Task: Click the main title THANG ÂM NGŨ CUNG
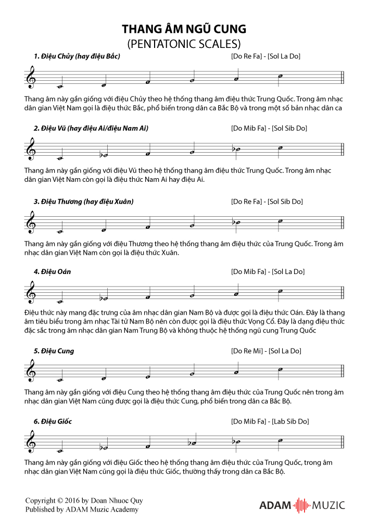(x=184, y=28)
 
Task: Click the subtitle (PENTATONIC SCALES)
(x=184, y=43)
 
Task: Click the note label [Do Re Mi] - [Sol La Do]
(x=266, y=351)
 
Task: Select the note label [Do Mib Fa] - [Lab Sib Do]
(x=270, y=421)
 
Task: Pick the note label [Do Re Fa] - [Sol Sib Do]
(x=267, y=201)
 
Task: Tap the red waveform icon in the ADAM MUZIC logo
(x=301, y=505)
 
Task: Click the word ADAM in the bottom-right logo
(x=276, y=505)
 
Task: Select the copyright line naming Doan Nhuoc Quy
(x=84, y=501)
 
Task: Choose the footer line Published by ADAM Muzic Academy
(x=82, y=510)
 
